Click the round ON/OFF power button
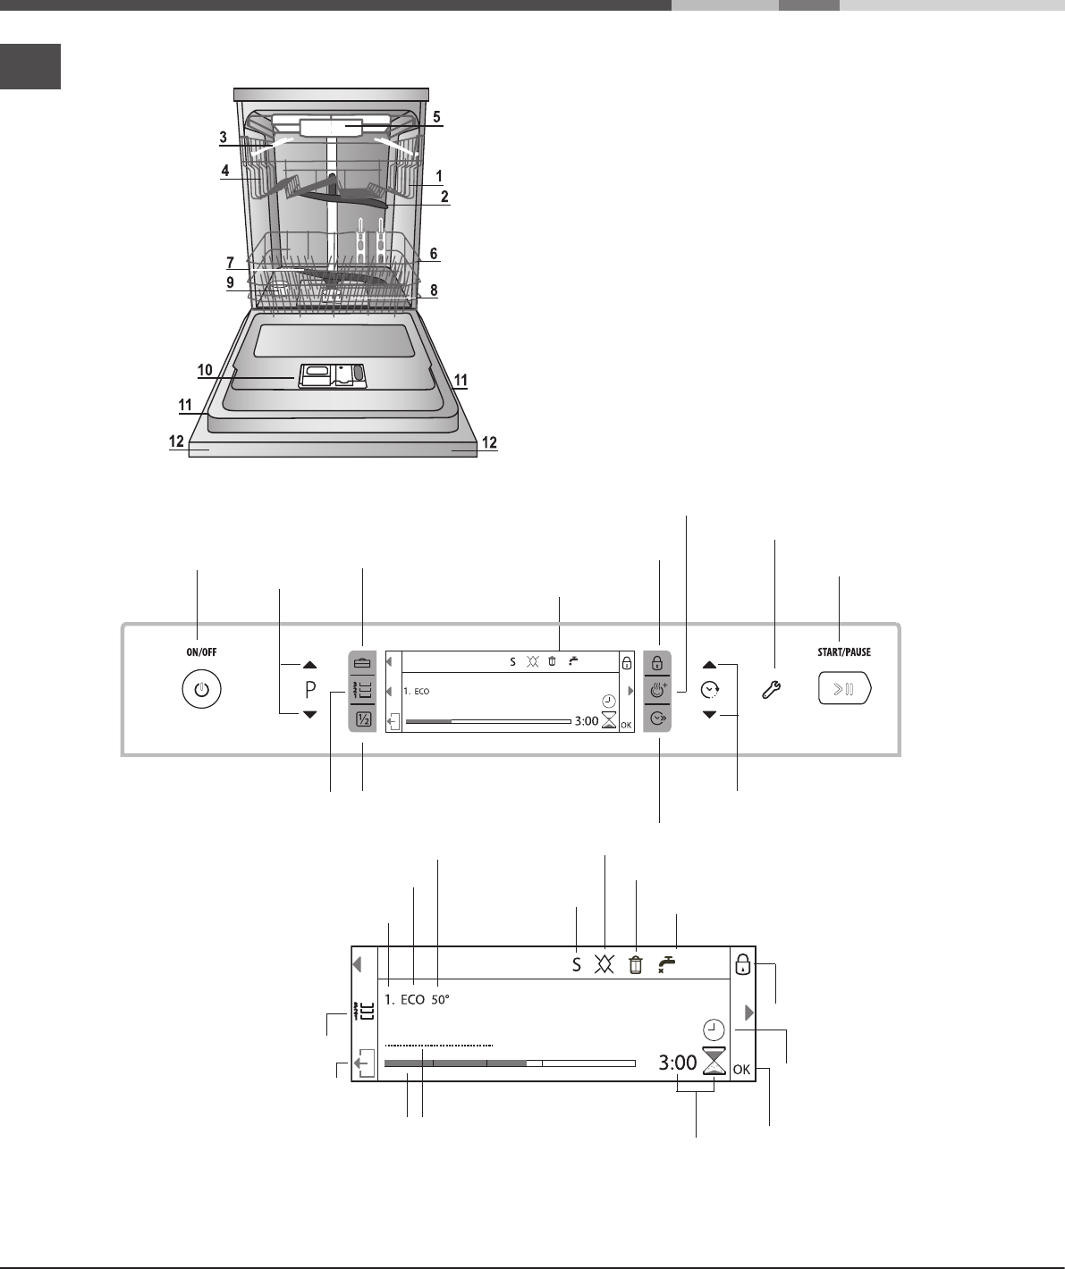(x=201, y=689)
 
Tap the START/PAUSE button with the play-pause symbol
(x=844, y=689)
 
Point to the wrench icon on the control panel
(x=771, y=690)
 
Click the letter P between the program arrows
(x=310, y=690)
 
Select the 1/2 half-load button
(x=363, y=719)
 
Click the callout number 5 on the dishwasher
(x=436, y=116)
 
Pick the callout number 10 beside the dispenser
(x=205, y=369)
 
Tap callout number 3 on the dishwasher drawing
(x=224, y=138)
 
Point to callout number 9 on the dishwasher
(x=230, y=282)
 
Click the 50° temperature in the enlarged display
(x=440, y=999)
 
